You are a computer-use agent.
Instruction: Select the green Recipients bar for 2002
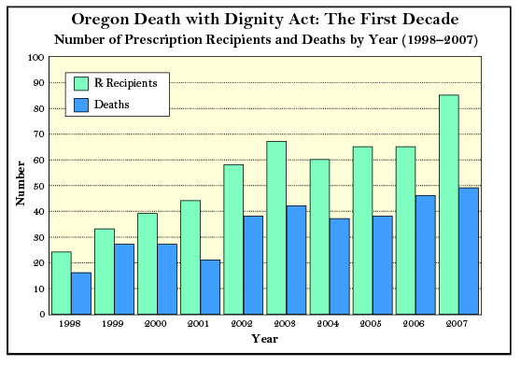coord(233,239)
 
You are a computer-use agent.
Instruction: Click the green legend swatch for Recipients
coord(79,83)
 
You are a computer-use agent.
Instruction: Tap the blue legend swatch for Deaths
coord(79,105)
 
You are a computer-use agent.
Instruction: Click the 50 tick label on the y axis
coord(36,186)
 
